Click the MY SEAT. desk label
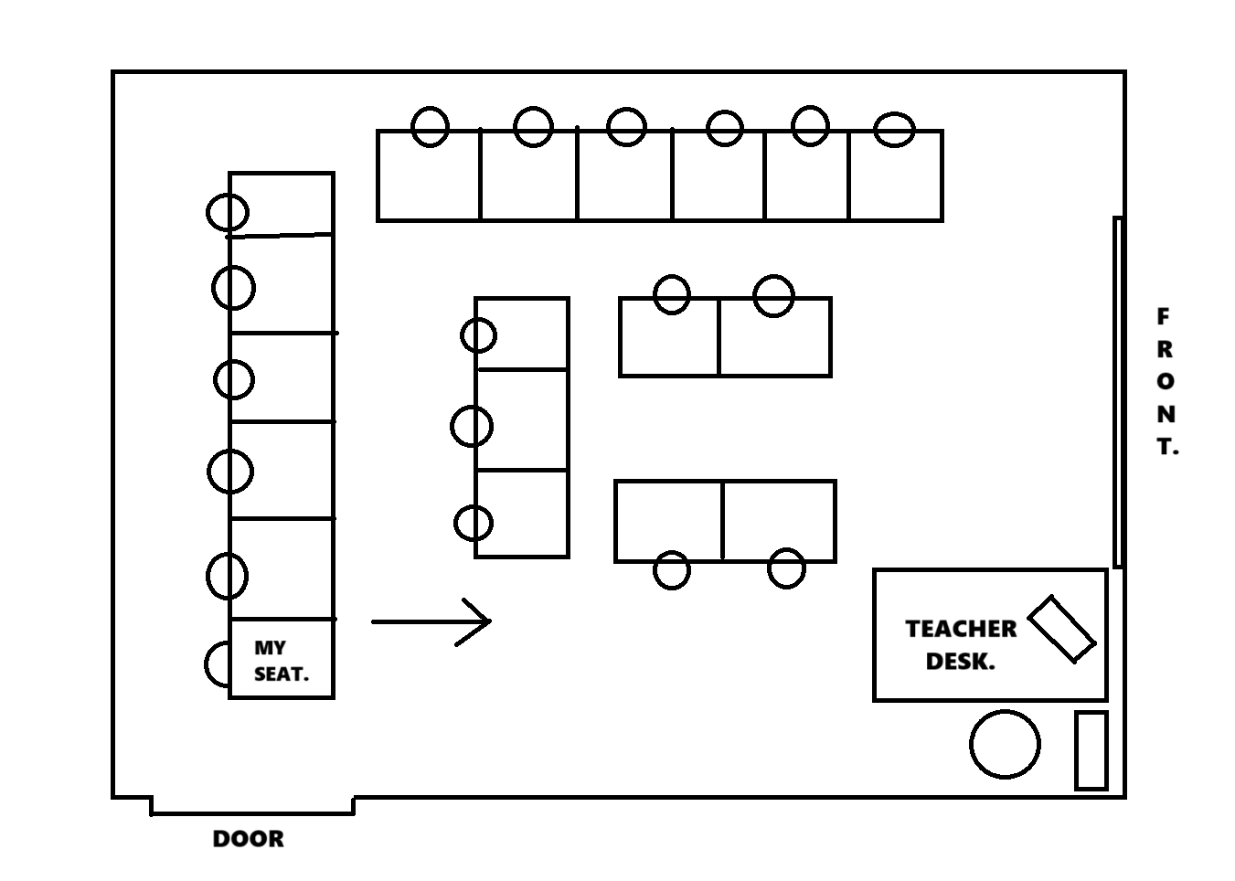point(281,661)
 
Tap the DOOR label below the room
point(248,839)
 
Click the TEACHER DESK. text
point(961,645)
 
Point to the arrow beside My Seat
point(431,621)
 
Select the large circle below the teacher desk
point(1005,744)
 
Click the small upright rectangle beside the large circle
point(1091,749)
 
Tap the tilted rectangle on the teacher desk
point(1061,628)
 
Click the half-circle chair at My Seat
point(218,664)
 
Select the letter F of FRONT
point(1163,317)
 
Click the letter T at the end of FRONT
point(1166,447)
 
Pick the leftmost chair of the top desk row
point(430,126)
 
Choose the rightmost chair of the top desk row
point(894,129)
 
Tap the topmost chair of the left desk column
point(228,213)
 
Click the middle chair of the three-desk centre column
point(472,426)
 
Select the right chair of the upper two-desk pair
point(773,295)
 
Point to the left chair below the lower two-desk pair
point(672,570)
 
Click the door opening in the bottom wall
point(252,806)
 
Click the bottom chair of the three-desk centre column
point(474,524)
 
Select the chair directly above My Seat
point(227,576)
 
